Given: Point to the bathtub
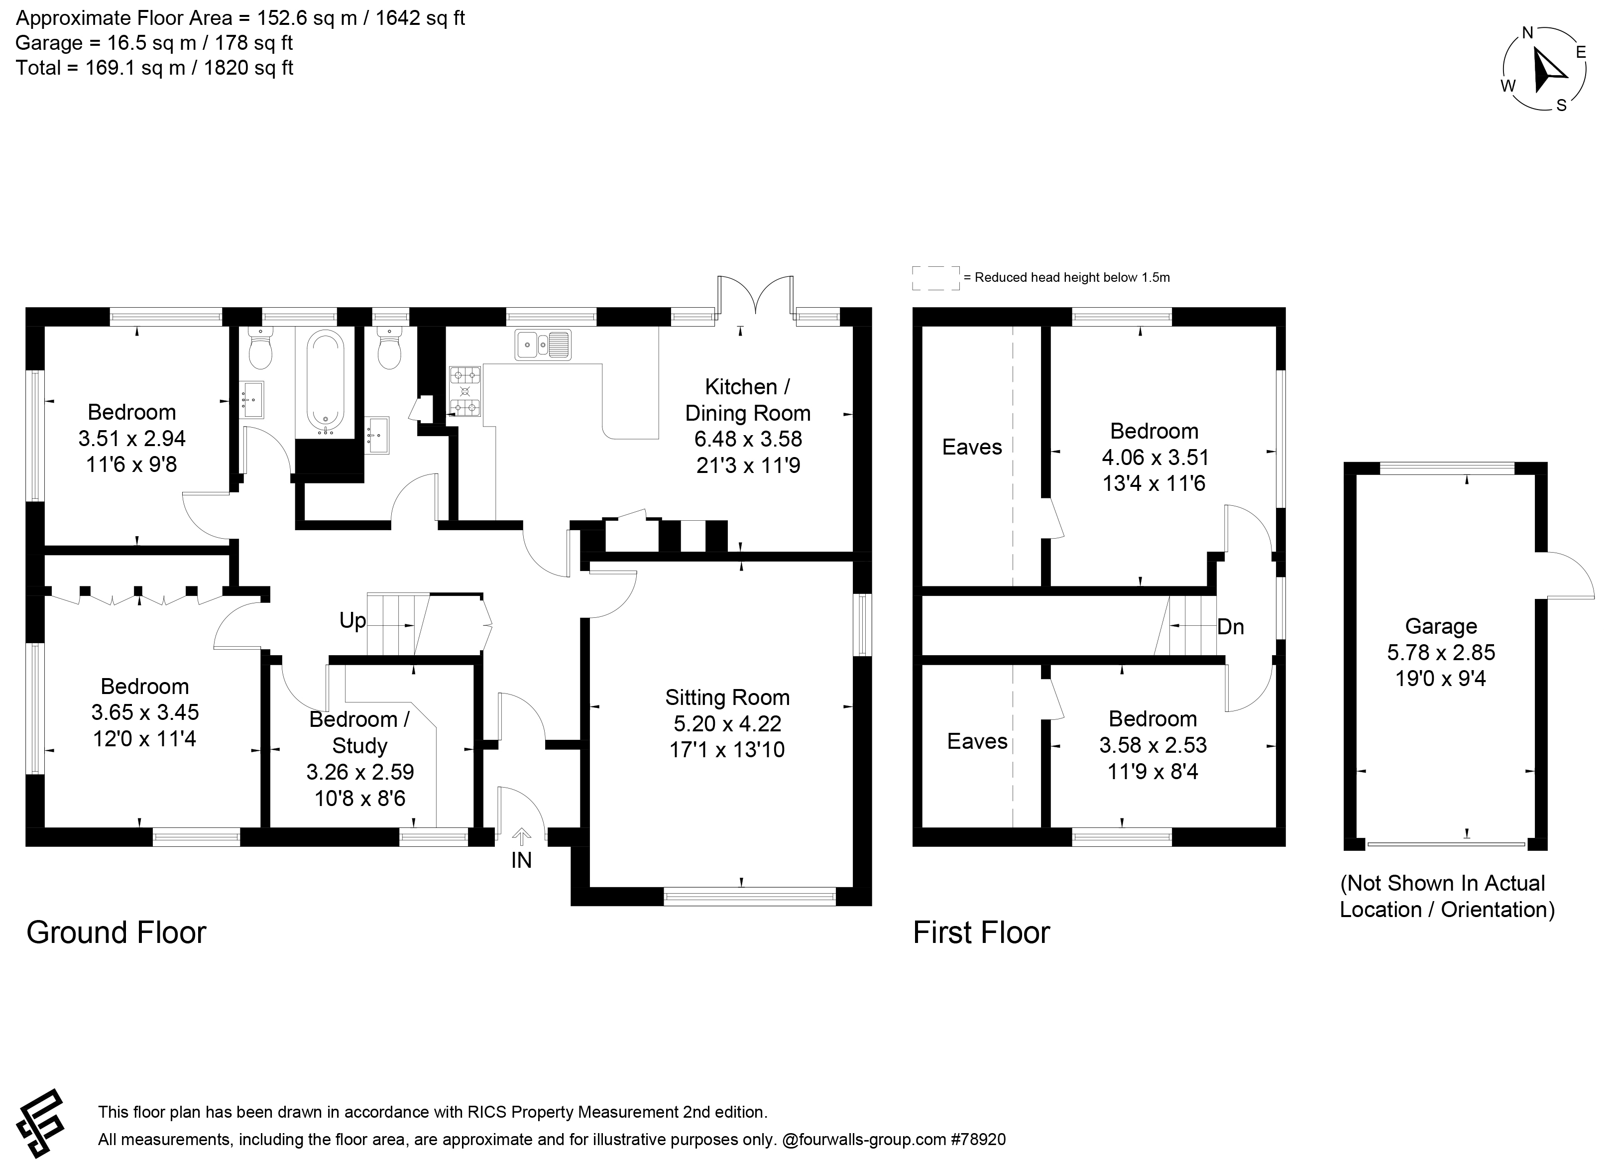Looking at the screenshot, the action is [326, 382].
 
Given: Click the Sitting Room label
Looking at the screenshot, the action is [727, 697].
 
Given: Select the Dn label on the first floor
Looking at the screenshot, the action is [1231, 627].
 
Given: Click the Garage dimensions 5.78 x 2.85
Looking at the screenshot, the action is [1441, 652].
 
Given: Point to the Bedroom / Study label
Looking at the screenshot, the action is [359, 733].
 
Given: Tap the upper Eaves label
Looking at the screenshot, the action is [972, 447].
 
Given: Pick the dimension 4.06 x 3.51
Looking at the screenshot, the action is [1154, 457].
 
